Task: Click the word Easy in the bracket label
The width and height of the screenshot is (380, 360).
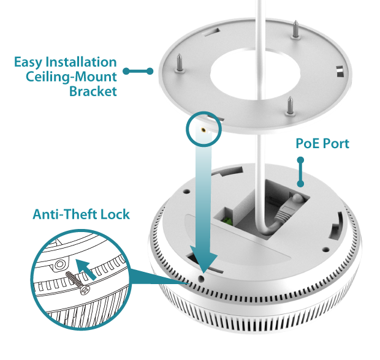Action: (29, 62)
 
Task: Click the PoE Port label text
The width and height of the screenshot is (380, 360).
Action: (322, 143)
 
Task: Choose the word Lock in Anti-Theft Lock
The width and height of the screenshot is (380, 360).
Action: (116, 215)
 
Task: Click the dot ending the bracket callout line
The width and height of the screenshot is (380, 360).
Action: (126, 71)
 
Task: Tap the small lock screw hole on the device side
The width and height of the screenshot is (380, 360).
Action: (202, 277)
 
